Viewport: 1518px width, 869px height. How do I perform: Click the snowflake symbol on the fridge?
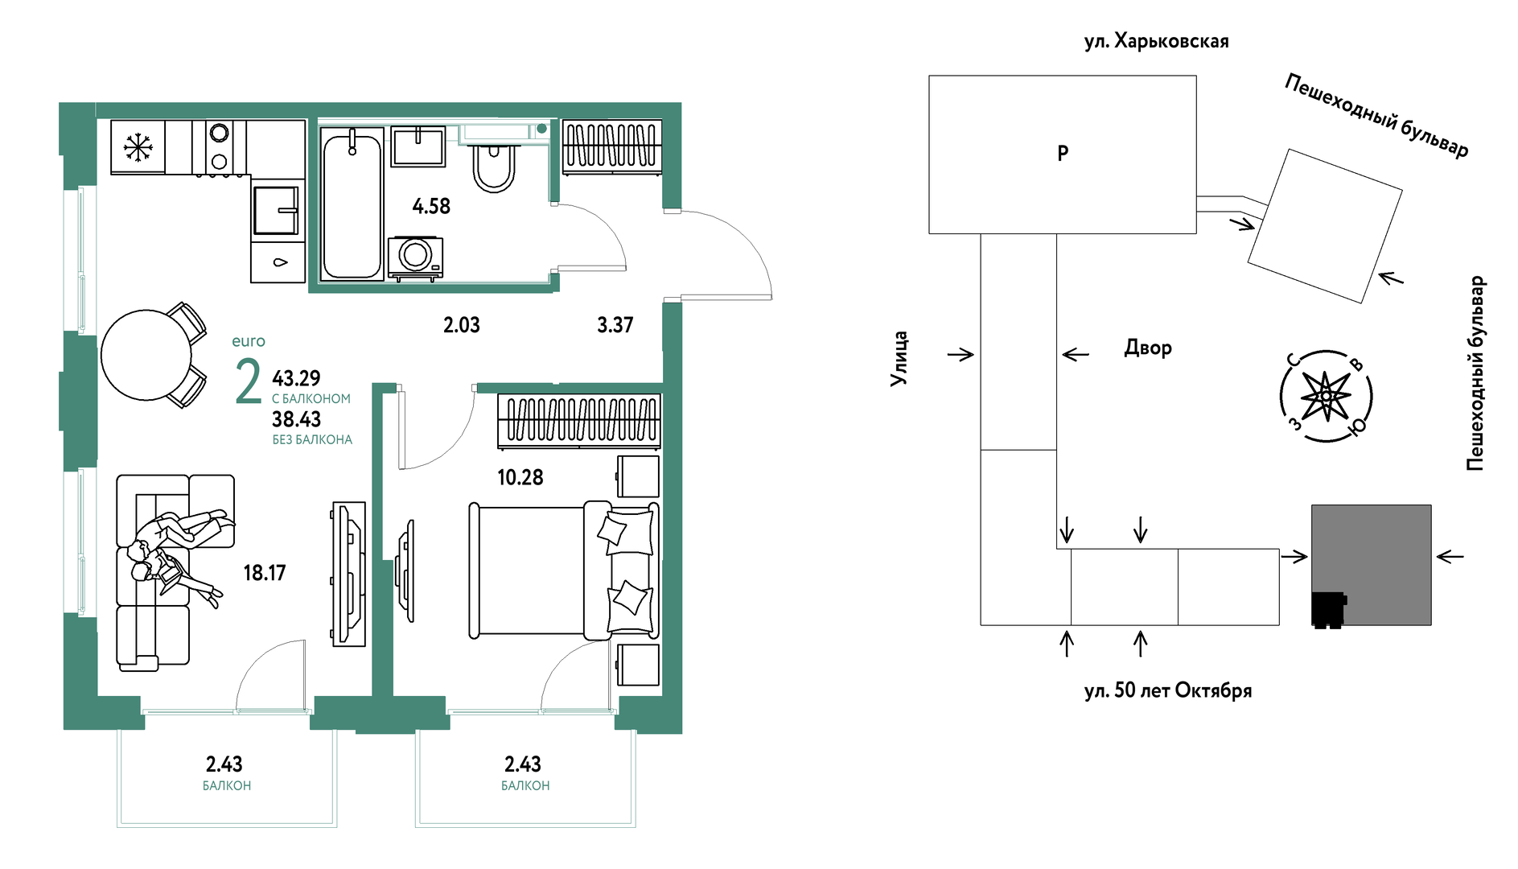pos(138,147)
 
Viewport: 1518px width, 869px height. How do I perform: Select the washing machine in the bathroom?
pos(415,257)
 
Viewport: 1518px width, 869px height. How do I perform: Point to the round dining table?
pos(146,355)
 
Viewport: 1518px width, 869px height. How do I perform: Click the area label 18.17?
pos(265,573)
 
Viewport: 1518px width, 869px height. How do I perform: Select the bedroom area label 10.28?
pos(520,478)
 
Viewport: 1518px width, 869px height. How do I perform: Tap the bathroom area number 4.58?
pos(431,207)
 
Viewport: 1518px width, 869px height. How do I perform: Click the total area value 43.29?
pos(296,378)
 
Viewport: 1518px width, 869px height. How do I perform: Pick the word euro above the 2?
pos(249,341)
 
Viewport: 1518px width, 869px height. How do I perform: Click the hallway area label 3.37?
pos(615,325)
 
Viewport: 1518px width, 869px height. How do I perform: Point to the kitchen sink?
pos(276,211)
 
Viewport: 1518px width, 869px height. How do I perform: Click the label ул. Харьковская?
pos(1156,42)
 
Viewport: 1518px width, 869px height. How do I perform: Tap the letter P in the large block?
pos(1063,153)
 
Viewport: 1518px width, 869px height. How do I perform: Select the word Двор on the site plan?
pos(1148,348)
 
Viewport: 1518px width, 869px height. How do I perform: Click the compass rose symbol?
pos(1326,396)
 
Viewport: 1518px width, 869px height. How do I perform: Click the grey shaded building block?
pos(1372,565)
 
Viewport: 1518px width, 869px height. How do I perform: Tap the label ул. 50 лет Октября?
pos(1168,691)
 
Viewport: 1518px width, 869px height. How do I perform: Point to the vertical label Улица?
pos(899,359)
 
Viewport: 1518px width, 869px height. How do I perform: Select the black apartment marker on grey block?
pos(1328,610)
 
